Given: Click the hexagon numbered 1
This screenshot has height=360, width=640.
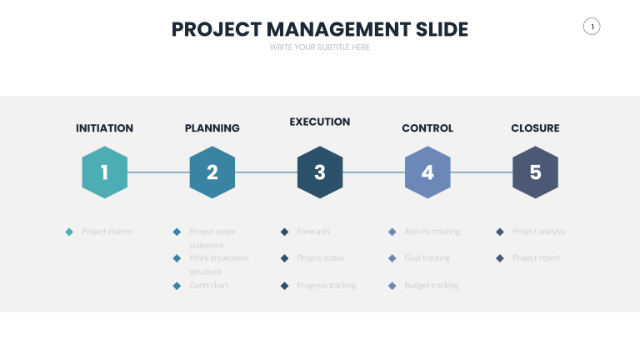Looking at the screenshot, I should pyautogui.click(x=104, y=172).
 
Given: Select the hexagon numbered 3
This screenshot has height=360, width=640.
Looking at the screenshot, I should pyautogui.click(x=320, y=172).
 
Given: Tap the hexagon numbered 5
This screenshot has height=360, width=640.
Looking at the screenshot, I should pyautogui.click(x=535, y=172).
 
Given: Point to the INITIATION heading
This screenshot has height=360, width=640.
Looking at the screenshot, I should pyautogui.click(x=104, y=128).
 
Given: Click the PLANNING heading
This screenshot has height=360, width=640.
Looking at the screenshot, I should pyautogui.click(x=212, y=128).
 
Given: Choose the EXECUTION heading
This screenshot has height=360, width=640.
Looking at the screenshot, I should pyautogui.click(x=320, y=122).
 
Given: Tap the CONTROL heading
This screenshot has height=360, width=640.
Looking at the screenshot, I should pyautogui.click(x=427, y=128).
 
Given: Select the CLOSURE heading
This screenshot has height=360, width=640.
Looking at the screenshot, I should pyautogui.click(x=535, y=128).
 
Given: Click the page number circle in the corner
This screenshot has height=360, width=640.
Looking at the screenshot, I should pyautogui.click(x=592, y=27).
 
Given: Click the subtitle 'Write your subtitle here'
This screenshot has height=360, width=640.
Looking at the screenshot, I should pyautogui.click(x=320, y=47).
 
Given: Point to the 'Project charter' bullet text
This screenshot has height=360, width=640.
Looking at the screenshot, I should pyautogui.click(x=107, y=232).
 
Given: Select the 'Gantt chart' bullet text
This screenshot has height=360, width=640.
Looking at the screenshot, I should pyautogui.click(x=208, y=285).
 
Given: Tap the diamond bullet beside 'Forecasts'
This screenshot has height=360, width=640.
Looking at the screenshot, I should pyautogui.click(x=284, y=232).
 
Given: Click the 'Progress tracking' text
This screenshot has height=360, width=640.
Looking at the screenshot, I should pyautogui.click(x=327, y=285).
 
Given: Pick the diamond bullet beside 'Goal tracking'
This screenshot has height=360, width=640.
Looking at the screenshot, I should pyautogui.click(x=392, y=258).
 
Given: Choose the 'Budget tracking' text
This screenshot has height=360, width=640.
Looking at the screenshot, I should pyautogui.click(x=432, y=285).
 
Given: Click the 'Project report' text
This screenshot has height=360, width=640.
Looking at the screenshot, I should pyautogui.click(x=537, y=258).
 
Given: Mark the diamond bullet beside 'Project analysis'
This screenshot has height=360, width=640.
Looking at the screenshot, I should pyautogui.click(x=499, y=232).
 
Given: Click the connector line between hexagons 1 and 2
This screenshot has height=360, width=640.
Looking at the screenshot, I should pyautogui.click(x=158, y=172).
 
